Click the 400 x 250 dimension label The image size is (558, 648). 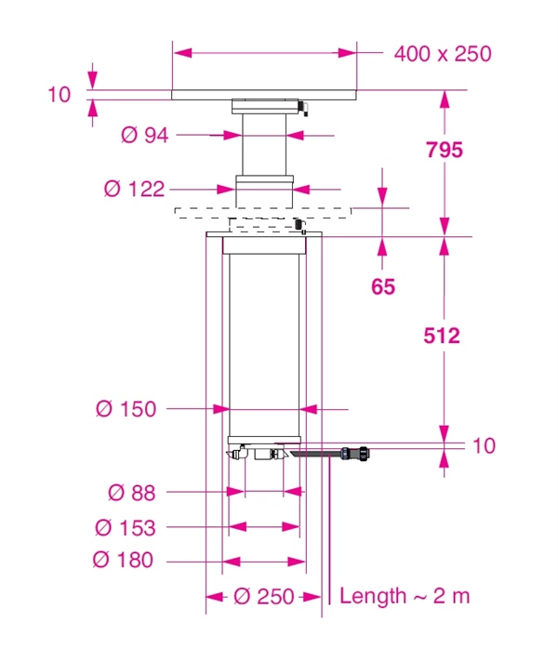(x=443, y=54)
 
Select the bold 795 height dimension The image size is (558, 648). (x=445, y=150)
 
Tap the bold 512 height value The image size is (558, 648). (x=442, y=336)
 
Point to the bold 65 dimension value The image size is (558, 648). (x=383, y=286)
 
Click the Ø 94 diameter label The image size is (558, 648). (x=145, y=135)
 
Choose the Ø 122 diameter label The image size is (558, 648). (x=134, y=190)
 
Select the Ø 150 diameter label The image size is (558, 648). (x=126, y=409)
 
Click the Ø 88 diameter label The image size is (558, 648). (x=131, y=493)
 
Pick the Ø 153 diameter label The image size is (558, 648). (x=126, y=528)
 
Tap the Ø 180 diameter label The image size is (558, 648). (x=123, y=560)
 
